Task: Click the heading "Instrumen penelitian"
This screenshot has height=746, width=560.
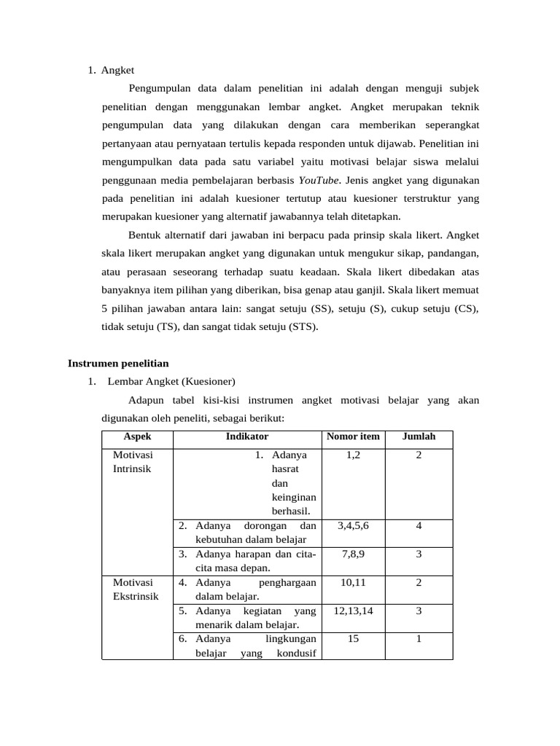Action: [x=118, y=363]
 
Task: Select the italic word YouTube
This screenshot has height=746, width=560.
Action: [x=319, y=179]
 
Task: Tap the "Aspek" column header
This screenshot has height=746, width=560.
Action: [x=137, y=437]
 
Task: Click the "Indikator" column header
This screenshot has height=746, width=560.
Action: [x=247, y=437]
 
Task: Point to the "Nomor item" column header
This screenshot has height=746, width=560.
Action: [x=353, y=437]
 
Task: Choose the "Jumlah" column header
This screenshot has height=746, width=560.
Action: [x=419, y=437]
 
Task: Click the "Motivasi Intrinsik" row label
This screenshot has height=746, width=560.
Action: [x=133, y=462]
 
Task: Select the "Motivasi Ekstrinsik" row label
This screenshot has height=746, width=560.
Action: [x=133, y=590]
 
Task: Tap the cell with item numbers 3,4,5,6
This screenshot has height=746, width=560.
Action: [x=353, y=526]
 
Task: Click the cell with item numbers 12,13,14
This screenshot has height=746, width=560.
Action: [x=353, y=610]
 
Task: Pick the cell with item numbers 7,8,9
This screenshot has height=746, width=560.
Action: [x=353, y=554]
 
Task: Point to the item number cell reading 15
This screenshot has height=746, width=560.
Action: [x=353, y=639]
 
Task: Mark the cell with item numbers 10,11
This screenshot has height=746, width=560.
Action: [x=353, y=583]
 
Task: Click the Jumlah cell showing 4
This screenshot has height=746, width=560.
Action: [x=419, y=526]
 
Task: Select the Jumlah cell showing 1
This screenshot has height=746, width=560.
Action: [x=419, y=639]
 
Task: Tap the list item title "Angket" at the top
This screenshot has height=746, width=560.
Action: [x=117, y=71]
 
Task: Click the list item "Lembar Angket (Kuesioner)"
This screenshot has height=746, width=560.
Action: [x=171, y=381]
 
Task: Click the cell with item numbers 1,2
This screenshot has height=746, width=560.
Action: [x=353, y=455]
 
